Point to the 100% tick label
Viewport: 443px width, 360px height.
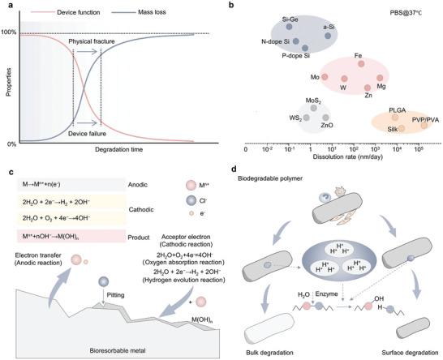pos(9,32)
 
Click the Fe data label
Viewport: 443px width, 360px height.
pos(358,56)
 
